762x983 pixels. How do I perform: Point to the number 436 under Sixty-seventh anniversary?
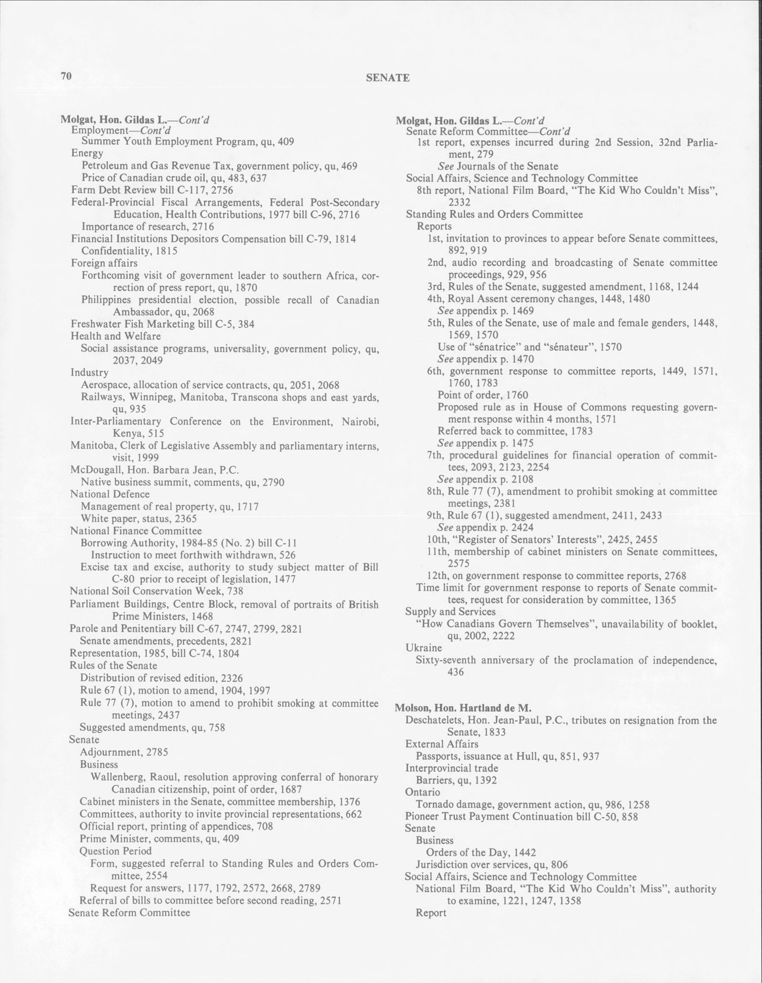(x=456, y=672)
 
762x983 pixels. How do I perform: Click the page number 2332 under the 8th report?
(x=459, y=202)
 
